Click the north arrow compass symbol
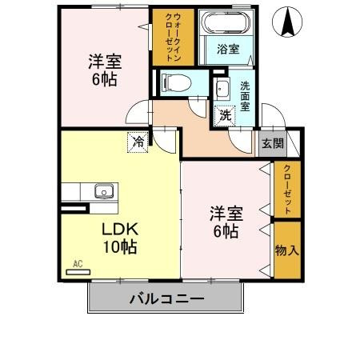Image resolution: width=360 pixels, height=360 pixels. pyautogui.click(x=285, y=22)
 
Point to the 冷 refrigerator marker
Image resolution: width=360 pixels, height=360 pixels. pyautogui.click(x=138, y=142)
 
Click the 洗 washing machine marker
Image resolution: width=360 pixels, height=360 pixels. pyautogui.click(x=226, y=115)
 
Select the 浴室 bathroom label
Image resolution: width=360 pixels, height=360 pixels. pyautogui.click(x=228, y=50)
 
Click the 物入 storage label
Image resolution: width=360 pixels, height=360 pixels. pyautogui.click(x=287, y=250)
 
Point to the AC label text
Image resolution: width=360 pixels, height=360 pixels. pyautogui.click(x=78, y=263)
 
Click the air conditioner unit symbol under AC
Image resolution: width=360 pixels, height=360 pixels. pyautogui.click(x=78, y=272)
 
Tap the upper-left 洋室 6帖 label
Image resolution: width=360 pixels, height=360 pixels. pyautogui.click(x=102, y=69)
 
